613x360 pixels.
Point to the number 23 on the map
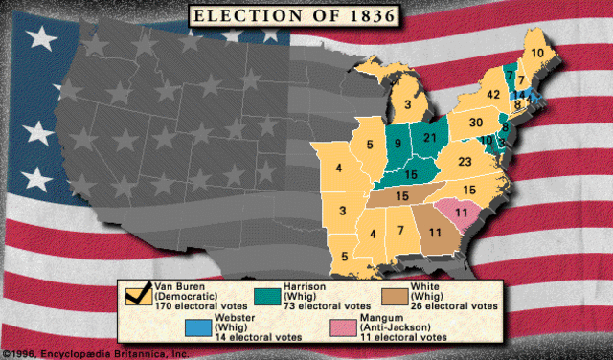(x=466, y=163)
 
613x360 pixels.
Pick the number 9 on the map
(x=398, y=145)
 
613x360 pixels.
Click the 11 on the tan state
(x=435, y=233)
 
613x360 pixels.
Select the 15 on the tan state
(x=401, y=195)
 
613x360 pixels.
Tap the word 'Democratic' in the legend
(x=192, y=296)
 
